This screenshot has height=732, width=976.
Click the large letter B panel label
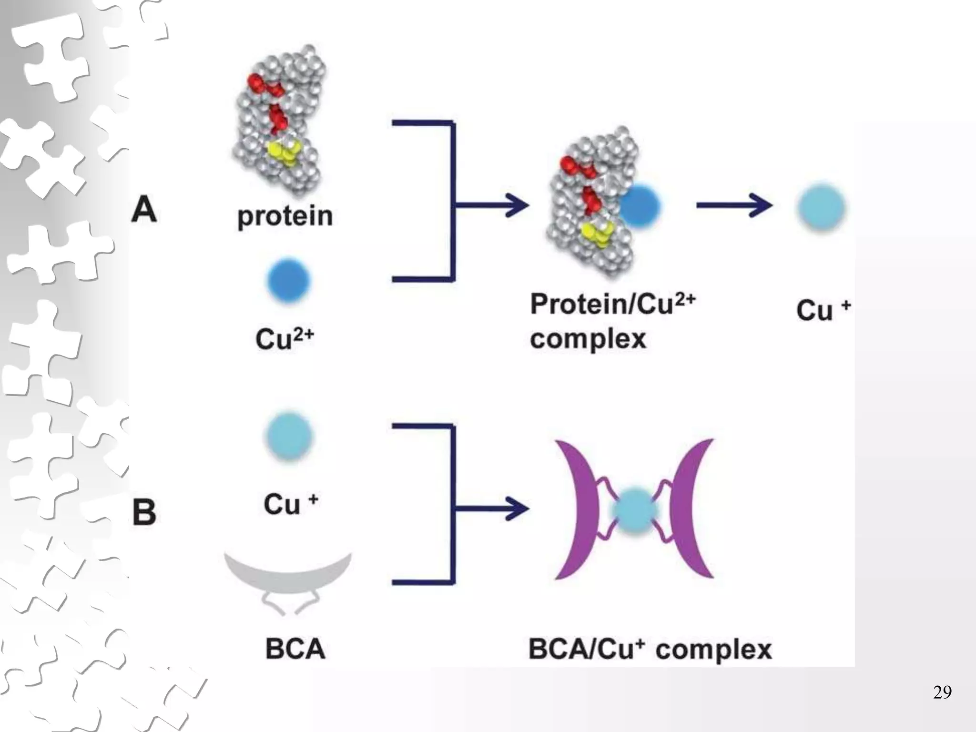click(x=144, y=512)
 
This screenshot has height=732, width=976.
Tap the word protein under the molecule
click(x=285, y=217)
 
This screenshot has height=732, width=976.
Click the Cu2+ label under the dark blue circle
click(x=285, y=339)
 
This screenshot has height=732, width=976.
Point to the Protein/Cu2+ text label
click(x=612, y=304)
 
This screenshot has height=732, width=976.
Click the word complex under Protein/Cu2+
click(x=588, y=339)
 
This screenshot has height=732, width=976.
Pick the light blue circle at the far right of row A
click(x=821, y=208)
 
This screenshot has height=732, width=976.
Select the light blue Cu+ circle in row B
click(x=289, y=436)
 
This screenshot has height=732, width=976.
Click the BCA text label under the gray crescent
click(x=295, y=649)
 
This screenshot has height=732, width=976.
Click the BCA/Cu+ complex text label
click(x=650, y=649)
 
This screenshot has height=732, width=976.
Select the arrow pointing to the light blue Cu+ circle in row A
click(x=734, y=206)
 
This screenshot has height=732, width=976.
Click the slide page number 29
click(x=942, y=692)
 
